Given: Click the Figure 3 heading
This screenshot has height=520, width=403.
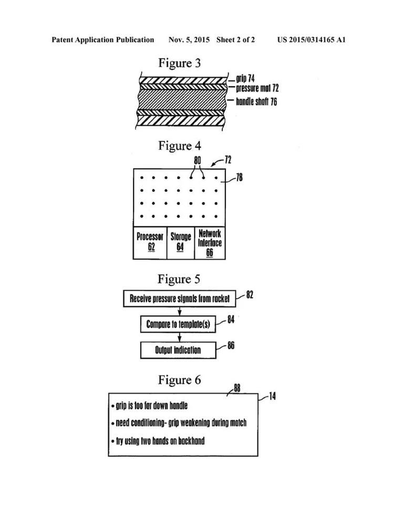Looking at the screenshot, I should (180, 63).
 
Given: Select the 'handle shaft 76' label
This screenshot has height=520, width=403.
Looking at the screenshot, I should (256, 102).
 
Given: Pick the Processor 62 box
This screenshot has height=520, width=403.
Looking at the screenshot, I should (150, 243).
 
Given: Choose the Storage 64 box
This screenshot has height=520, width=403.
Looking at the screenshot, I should (180, 243).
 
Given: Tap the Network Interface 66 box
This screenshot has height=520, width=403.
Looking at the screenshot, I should (210, 243).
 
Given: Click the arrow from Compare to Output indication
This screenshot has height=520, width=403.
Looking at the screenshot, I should (178, 337).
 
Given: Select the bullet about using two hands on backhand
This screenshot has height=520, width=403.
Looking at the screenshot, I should (158, 441).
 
